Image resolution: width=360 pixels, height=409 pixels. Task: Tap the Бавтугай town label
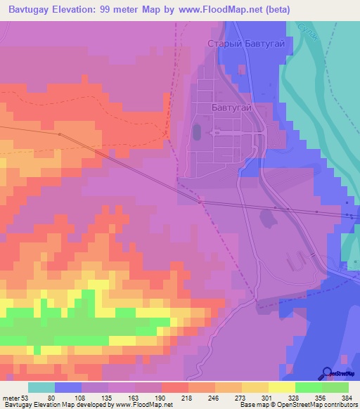pos(231,108)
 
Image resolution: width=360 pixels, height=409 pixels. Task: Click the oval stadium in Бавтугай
pos(196,131)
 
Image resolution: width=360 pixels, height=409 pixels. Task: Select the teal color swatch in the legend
pos(41,387)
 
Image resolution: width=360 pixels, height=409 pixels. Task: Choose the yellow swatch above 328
pos(281,387)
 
